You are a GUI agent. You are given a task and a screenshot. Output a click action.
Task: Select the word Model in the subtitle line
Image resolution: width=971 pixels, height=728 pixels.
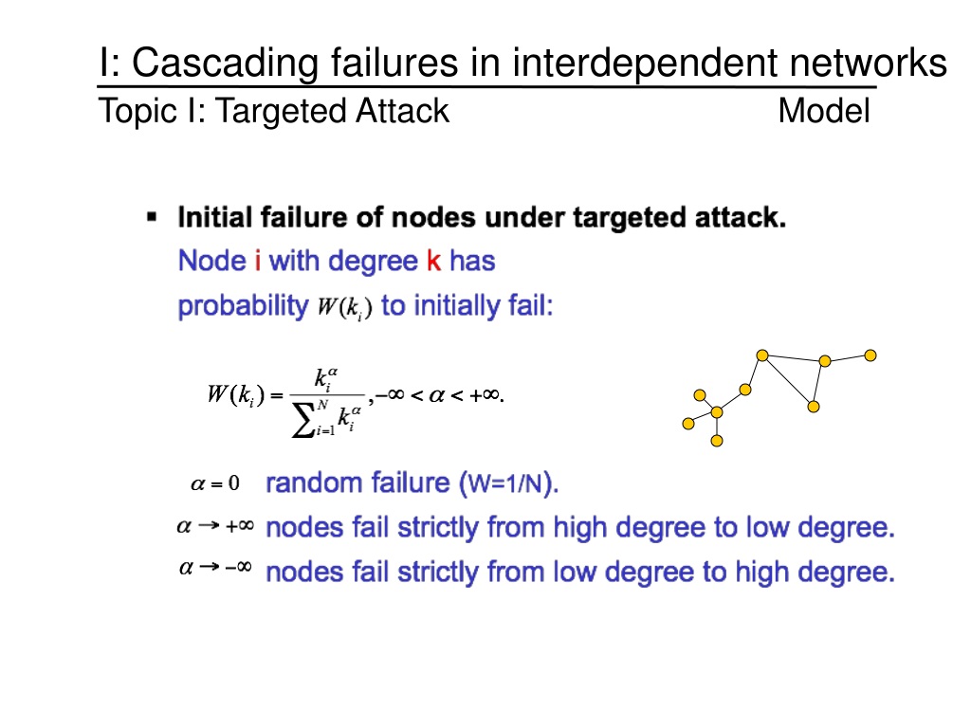tap(823, 112)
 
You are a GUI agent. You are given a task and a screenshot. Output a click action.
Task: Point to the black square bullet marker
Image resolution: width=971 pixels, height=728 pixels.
tap(152, 218)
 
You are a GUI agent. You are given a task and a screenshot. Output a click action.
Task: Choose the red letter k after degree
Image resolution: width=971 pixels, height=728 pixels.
tap(433, 261)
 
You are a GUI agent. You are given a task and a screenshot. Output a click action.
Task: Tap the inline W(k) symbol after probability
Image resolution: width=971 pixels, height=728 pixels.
tap(344, 309)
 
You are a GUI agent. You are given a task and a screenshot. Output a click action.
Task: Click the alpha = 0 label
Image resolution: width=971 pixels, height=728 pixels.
tap(215, 484)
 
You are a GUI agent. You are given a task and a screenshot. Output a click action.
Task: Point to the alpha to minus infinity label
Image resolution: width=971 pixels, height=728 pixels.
tap(215, 569)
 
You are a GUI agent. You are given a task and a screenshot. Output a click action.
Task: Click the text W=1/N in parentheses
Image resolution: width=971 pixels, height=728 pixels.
tap(509, 484)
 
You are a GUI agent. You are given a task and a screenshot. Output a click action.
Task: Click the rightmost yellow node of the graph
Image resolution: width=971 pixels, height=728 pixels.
tap(870, 355)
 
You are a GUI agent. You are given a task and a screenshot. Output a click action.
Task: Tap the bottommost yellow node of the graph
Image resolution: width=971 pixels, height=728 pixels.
tap(717, 441)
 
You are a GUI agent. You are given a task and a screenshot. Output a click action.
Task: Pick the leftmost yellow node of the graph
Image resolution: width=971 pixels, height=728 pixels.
tap(688, 424)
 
